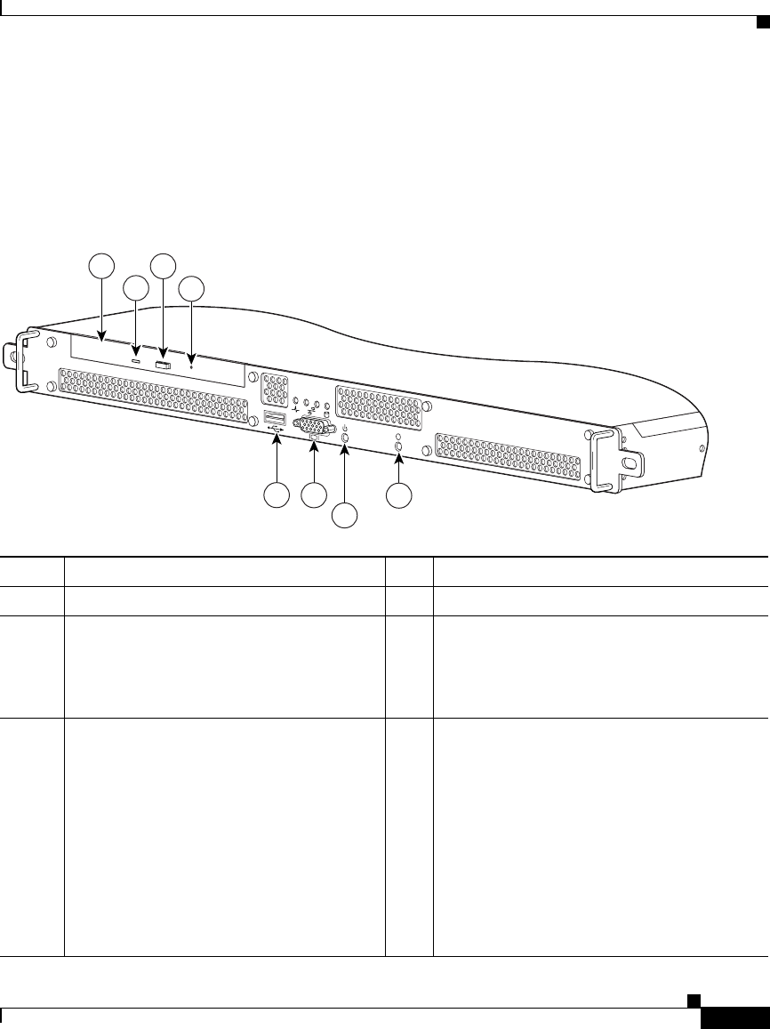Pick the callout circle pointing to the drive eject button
163,264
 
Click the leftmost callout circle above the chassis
103,264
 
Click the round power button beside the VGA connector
345,438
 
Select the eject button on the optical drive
163,365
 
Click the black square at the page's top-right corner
761,22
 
